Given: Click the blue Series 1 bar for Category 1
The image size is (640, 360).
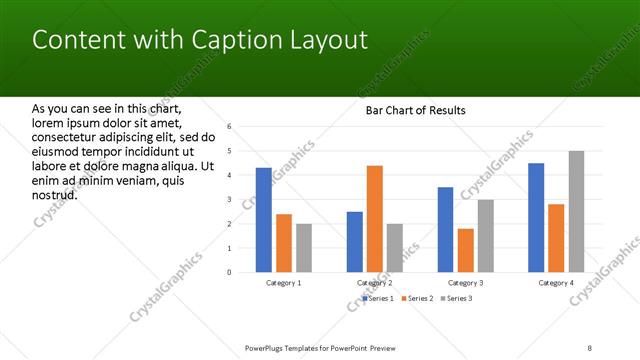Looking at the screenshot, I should [263, 220].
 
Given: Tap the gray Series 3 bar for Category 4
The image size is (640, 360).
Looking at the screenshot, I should [576, 212].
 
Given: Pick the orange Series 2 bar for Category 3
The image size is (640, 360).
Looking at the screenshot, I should [465, 250].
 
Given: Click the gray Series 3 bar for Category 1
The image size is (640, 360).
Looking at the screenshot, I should [304, 248].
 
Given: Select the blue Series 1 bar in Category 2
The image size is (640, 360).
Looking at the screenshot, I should [354, 242].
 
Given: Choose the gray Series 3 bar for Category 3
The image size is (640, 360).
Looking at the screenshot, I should [485, 236].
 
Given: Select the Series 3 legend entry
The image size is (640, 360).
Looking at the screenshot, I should [456, 298].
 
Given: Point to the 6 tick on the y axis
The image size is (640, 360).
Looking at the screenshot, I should [230, 127].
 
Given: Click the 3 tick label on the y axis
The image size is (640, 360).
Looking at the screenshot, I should [230, 200].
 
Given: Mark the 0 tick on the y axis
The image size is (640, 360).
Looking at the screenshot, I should [230, 272].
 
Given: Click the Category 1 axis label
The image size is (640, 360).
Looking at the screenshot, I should [284, 283].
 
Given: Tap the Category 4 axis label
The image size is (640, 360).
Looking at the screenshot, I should [556, 283].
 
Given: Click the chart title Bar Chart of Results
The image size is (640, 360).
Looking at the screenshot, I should [415, 110].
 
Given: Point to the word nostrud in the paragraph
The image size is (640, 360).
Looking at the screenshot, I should [55, 194].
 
